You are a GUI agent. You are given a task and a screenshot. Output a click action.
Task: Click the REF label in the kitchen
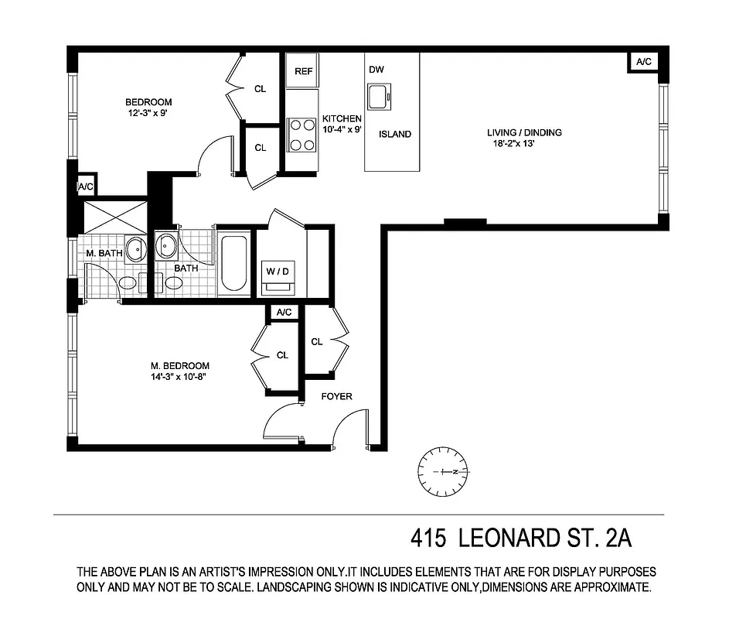[303, 71]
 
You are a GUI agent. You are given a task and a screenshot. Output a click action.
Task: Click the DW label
[376, 70]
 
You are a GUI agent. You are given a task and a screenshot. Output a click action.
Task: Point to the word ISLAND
[394, 134]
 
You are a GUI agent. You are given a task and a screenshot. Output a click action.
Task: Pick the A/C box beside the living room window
[642, 62]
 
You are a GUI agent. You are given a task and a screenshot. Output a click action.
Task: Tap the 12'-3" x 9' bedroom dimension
[149, 114]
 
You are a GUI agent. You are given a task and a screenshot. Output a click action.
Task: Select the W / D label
[278, 272]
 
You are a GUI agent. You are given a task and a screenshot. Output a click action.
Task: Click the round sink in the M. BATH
[135, 250]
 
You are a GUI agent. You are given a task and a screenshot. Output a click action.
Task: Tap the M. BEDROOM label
[179, 366]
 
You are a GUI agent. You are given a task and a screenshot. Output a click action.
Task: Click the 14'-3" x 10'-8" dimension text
[179, 378]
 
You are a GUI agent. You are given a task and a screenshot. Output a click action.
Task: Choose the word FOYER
[336, 396]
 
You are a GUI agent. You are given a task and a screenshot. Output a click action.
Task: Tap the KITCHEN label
[342, 118]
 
